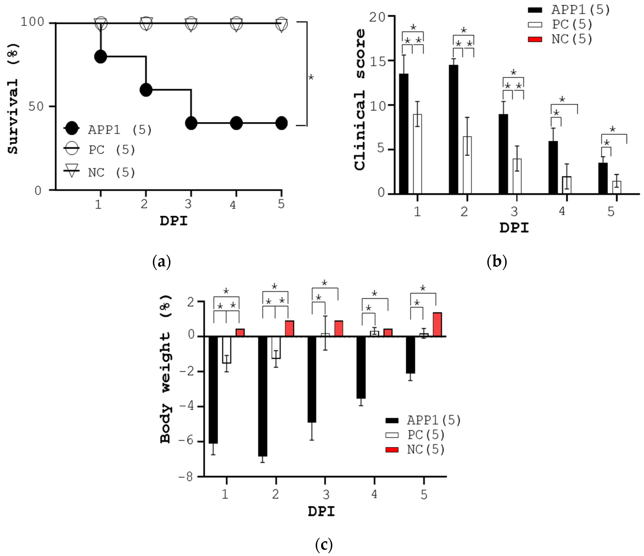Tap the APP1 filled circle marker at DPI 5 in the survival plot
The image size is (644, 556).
pyautogui.click(x=281, y=123)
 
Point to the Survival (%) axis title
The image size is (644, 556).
pyautogui.click(x=13, y=98)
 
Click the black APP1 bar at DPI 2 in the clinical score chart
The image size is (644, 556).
pyautogui.click(x=453, y=129)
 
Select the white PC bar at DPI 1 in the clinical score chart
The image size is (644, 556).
pyautogui.click(x=417, y=154)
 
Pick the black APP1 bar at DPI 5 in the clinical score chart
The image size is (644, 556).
pyautogui.click(x=603, y=178)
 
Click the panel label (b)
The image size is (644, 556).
pyautogui.click(x=497, y=261)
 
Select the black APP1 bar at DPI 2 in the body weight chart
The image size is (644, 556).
pyautogui.click(x=263, y=396)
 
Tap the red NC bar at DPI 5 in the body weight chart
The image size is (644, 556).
pyautogui.click(x=437, y=325)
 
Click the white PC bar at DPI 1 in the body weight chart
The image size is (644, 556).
pyautogui.click(x=227, y=350)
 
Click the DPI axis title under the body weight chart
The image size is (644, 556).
pyautogui.click(x=321, y=512)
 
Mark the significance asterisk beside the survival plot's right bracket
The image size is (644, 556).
pyautogui.click(x=311, y=77)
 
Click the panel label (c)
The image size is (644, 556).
pyautogui.click(x=323, y=544)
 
